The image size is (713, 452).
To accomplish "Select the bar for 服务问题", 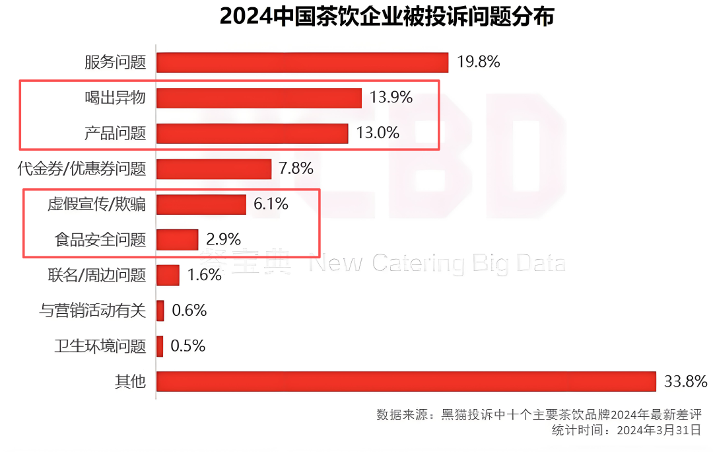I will coord(302,62).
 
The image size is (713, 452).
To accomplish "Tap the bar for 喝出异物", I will coord(259,98).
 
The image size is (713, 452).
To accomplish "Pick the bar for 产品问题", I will coord(252,133).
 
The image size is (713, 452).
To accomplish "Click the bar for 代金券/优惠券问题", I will coord(214,169).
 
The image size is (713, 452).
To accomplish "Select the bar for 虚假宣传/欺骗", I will coord(201,204).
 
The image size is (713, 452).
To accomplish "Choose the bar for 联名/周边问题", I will coord(168,275).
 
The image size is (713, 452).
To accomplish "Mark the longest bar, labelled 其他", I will coord(406,381).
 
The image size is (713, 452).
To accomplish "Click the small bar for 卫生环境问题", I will coord(160,346).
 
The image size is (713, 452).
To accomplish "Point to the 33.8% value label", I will coord(685,381).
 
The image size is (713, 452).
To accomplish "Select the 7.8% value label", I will coord(296,169).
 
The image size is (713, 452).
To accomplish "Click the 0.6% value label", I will coord(189,311).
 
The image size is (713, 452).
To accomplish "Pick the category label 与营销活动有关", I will coord(93,311).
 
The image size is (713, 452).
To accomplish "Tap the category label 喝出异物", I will coord(115,98).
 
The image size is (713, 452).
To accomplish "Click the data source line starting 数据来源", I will coord(538,415).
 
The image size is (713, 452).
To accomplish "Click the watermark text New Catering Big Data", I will coord(438,263).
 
